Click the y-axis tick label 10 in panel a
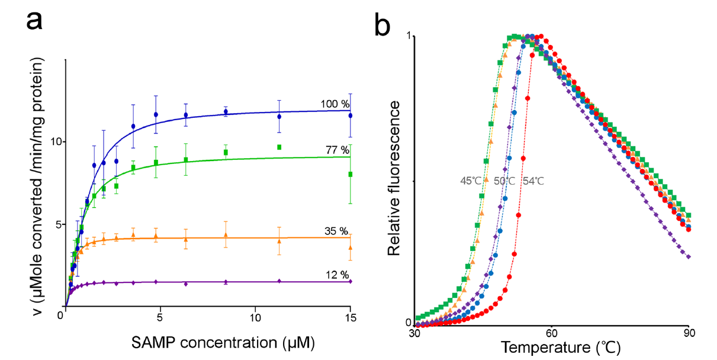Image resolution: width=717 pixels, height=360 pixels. tap(53, 143)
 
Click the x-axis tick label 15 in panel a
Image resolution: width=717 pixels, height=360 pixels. tap(350, 317)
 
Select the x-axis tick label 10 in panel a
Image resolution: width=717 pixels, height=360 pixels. tap(255, 317)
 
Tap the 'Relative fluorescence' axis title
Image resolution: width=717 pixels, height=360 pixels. tap(395, 178)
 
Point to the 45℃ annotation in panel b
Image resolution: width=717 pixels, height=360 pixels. tap(471, 181)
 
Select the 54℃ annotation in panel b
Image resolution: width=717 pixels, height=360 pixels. tap(533, 181)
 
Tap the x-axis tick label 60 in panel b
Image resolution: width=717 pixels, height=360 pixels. tap(551, 333)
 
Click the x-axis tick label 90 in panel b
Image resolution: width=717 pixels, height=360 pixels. tap(689, 333)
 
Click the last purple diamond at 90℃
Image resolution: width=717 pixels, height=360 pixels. tap(689, 257)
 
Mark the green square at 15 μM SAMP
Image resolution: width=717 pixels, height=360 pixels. tap(351, 174)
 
